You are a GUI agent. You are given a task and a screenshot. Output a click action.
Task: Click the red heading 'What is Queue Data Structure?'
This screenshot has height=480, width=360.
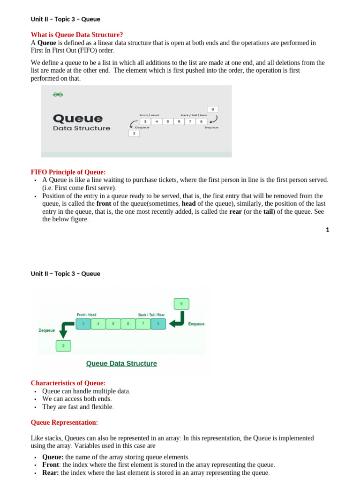pos(76,35)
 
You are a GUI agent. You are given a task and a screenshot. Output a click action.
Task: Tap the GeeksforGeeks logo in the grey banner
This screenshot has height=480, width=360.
pos(58,94)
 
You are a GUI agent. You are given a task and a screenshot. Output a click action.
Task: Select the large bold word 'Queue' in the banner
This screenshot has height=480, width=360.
pos(77,118)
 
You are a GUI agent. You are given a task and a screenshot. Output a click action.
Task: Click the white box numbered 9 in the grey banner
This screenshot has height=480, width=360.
pos(212,109)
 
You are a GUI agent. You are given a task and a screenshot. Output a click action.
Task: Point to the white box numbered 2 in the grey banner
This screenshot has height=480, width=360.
pos(134,134)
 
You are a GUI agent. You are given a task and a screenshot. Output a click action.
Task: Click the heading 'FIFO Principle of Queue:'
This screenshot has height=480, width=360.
pos(68,172)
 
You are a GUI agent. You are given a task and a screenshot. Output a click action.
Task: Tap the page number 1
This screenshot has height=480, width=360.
pos(328,230)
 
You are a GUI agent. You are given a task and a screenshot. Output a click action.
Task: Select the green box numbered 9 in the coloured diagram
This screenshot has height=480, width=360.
pos(181,303)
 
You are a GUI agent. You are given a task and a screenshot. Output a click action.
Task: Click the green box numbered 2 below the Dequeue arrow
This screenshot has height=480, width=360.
pos(63,346)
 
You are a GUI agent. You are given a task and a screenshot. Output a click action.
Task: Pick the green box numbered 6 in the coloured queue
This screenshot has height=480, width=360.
pos(128,323)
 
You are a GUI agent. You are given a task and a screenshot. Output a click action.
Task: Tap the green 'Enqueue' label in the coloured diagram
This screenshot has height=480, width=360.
pos(196,324)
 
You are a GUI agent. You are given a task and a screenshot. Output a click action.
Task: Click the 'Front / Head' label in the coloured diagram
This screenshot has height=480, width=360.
pos(87,315)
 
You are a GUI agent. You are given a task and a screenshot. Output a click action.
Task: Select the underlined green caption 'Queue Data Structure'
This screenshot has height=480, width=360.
pos(121,363)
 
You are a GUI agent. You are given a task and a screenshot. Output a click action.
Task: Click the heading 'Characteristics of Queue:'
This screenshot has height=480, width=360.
pos(68,383)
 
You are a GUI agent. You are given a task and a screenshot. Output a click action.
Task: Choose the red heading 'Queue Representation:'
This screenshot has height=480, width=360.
pos(64,422)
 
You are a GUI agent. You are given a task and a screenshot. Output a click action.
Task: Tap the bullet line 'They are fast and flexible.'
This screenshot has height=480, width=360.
pos(78,407)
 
